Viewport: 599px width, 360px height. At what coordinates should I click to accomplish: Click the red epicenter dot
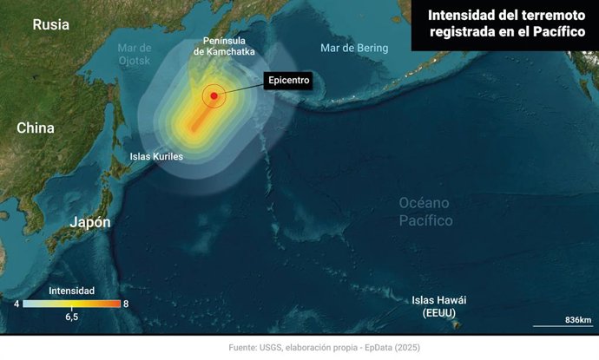(214, 95)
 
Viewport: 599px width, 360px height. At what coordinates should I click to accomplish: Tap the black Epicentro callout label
(287, 81)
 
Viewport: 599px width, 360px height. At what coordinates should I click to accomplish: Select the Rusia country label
(50, 24)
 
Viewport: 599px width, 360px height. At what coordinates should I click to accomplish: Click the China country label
(36, 128)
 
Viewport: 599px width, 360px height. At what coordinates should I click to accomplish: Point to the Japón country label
(90, 222)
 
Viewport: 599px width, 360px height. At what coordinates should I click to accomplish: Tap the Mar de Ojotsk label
(135, 54)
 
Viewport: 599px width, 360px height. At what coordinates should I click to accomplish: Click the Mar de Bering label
(353, 48)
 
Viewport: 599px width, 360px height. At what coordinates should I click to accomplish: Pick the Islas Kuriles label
(157, 156)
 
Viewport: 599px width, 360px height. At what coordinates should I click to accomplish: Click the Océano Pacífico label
(425, 211)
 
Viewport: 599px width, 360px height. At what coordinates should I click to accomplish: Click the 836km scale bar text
(577, 320)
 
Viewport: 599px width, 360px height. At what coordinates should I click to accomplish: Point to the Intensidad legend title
(72, 291)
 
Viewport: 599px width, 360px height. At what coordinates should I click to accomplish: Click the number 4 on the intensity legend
(16, 304)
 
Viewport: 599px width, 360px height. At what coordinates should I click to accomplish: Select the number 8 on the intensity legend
(127, 304)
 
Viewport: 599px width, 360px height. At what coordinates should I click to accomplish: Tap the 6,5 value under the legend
(71, 317)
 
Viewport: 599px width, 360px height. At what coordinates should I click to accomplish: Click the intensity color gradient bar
(71, 304)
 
